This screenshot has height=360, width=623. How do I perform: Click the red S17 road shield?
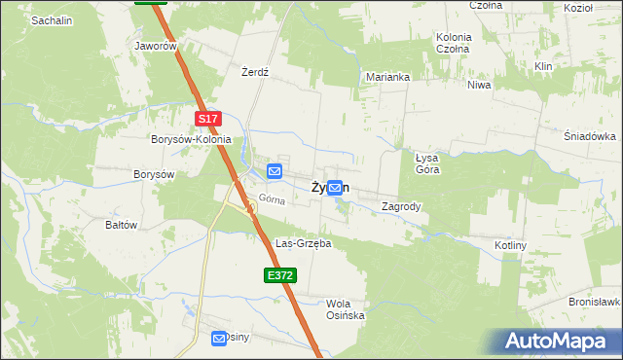click(x=208, y=119)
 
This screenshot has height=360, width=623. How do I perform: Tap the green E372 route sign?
click(x=279, y=276)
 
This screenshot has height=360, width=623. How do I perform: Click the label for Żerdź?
click(x=254, y=72)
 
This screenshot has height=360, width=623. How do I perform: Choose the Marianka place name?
click(x=387, y=76)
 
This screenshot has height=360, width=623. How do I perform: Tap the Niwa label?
click(x=479, y=85)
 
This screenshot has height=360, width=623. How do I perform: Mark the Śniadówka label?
click(x=590, y=136)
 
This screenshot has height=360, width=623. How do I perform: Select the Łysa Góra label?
click(x=427, y=162)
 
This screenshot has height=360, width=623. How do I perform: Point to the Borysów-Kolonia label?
click(x=191, y=139)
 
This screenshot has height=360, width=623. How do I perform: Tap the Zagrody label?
click(x=401, y=206)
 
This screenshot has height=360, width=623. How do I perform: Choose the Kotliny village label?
click(x=510, y=245)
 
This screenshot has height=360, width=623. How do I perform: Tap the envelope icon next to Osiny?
click(x=219, y=338)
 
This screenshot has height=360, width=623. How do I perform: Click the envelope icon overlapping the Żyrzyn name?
click(x=335, y=188)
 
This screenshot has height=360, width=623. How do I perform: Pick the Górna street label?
click(x=272, y=201)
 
